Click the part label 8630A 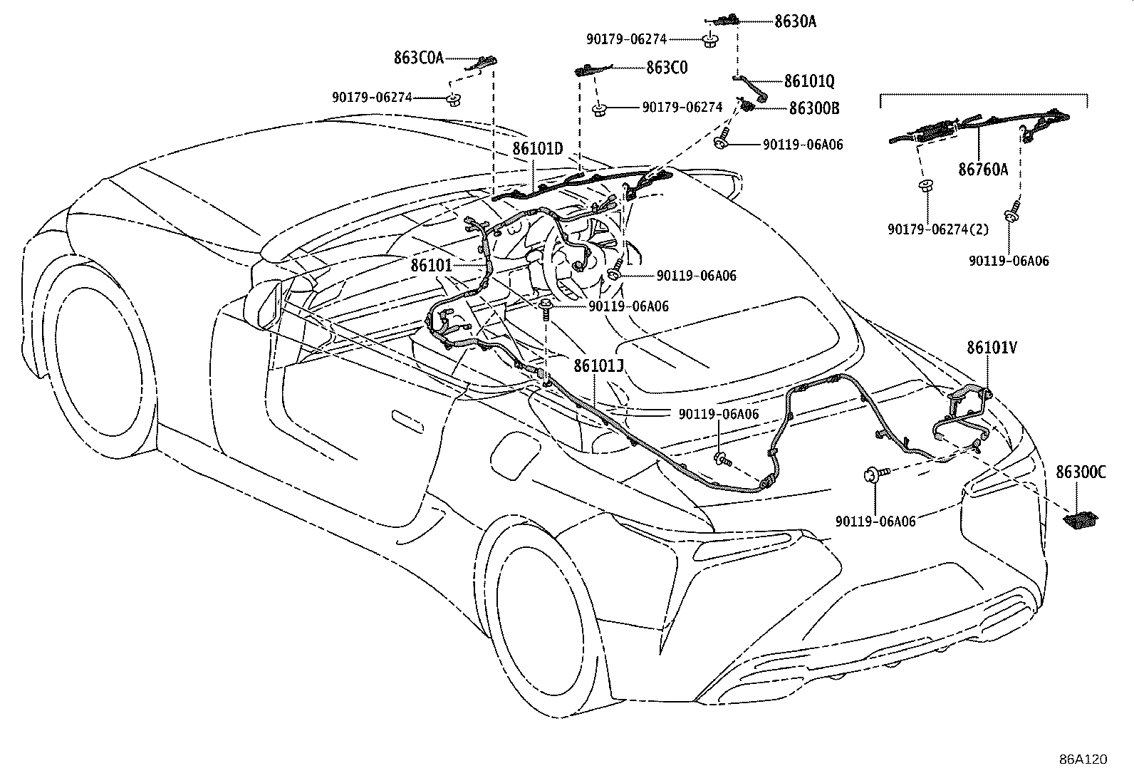(x=796, y=21)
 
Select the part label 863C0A (x=419, y=58)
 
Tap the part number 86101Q (x=809, y=81)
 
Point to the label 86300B (x=814, y=108)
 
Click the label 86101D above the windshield (x=538, y=148)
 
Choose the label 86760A (x=983, y=169)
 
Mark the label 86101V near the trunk (x=992, y=348)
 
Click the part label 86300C (x=1081, y=472)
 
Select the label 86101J (x=598, y=365)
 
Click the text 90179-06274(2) (x=938, y=229)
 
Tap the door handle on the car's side (x=408, y=422)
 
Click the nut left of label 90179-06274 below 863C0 (x=600, y=110)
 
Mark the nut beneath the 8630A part (x=711, y=41)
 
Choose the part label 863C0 (x=667, y=68)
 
